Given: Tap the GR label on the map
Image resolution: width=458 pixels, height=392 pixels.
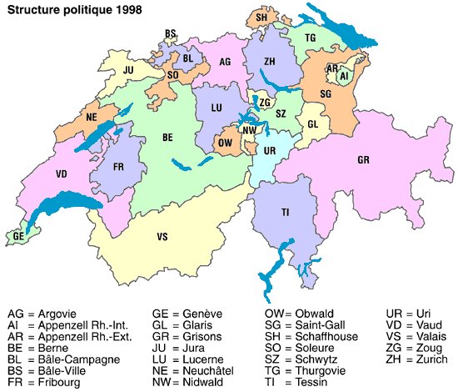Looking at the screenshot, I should pos(364,158).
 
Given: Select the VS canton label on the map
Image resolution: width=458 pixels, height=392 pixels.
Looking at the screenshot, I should pos(162,237).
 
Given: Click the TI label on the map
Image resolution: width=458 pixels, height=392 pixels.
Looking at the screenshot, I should pos(285,213).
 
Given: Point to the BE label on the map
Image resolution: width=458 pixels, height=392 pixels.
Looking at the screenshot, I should pos(167,138).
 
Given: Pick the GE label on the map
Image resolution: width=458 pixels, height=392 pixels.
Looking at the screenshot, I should pos(18,237).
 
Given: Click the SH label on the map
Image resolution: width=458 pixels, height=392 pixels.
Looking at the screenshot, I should pos(261,17).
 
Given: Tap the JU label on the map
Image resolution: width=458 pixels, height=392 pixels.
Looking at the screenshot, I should pos(128,70).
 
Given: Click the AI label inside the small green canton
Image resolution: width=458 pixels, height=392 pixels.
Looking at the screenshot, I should pos(343,76).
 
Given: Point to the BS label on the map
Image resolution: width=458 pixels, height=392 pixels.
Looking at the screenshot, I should pos(171,34).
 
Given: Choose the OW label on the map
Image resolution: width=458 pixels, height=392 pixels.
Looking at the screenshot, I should pos(225,142).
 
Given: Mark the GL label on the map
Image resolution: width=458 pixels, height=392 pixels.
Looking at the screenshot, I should pos(313,123).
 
